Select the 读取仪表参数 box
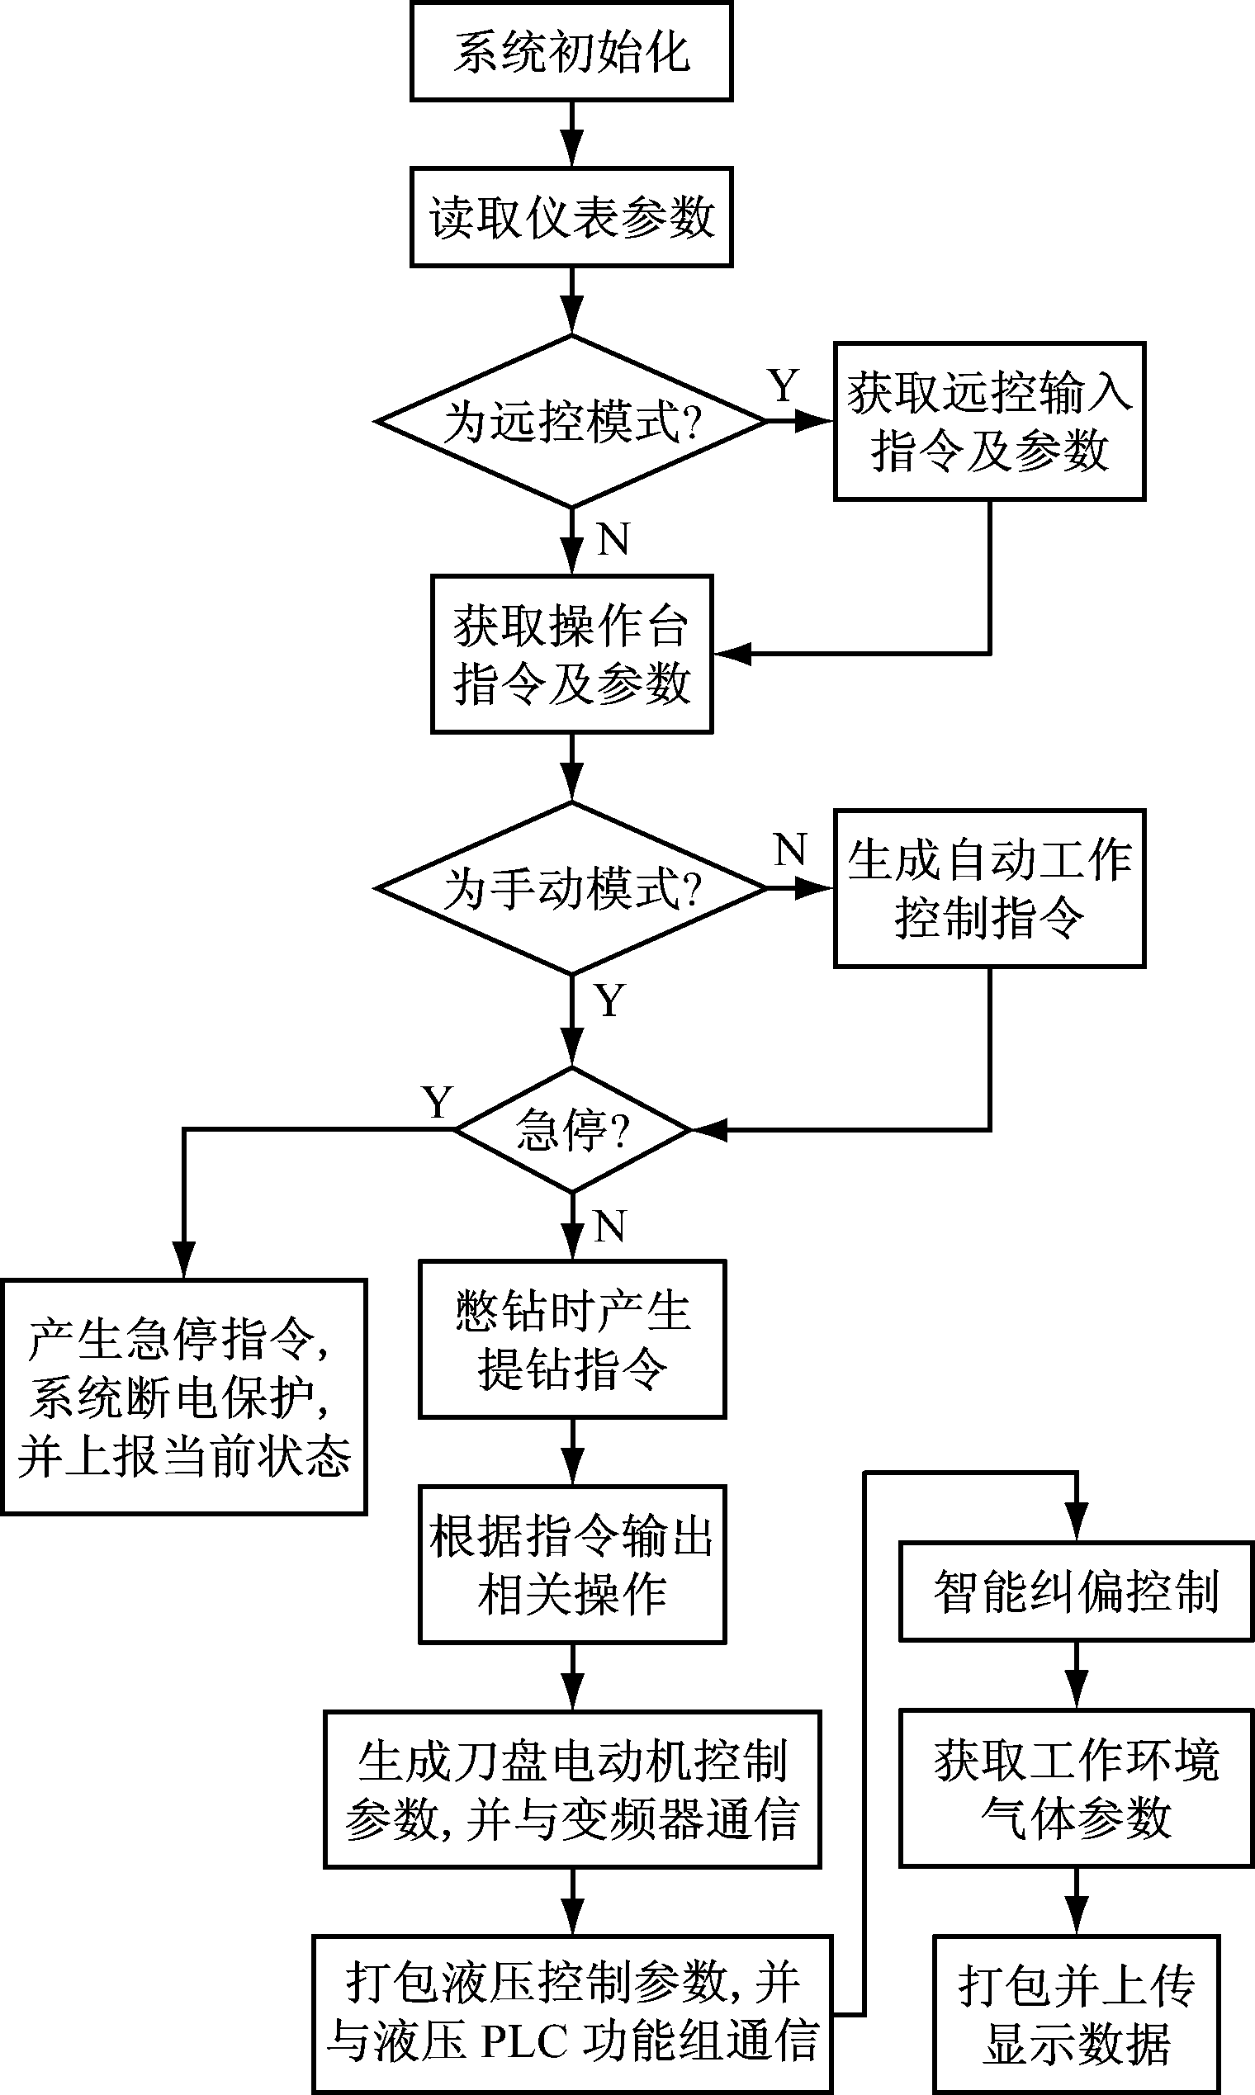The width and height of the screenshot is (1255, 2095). pyautogui.click(x=571, y=217)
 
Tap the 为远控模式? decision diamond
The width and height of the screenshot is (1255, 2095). pyautogui.click(x=571, y=421)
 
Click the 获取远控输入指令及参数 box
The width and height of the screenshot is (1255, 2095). pyautogui.click(x=988, y=421)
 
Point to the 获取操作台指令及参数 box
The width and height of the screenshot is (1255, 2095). pyautogui.click(x=571, y=655)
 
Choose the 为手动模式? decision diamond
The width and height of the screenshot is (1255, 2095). pyautogui.click(x=571, y=888)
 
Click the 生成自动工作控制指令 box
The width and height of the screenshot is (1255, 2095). pyautogui.click(x=988, y=888)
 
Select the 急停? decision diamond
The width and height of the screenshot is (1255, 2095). pyautogui.click(x=572, y=1129)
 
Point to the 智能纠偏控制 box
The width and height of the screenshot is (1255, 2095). pyautogui.click(x=1076, y=1592)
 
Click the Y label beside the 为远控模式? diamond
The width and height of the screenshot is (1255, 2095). pyautogui.click(x=783, y=386)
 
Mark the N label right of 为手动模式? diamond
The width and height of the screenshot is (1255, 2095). pyautogui.click(x=791, y=849)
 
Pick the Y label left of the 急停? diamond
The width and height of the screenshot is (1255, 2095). pyautogui.click(x=438, y=1103)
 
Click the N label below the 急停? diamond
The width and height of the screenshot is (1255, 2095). pyautogui.click(x=609, y=1226)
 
